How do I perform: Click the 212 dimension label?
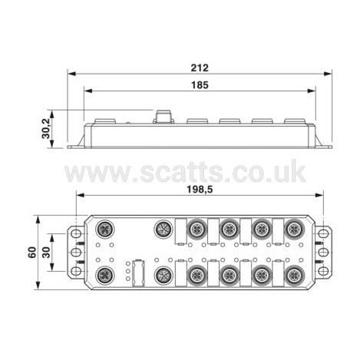(200, 68)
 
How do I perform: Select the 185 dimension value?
(200, 85)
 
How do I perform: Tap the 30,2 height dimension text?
(46, 129)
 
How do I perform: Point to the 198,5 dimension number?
(200, 190)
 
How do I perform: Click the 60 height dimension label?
(32, 253)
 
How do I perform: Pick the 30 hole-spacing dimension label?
(46, 253)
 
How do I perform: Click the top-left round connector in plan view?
(105, 229)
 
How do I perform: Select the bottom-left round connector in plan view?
(105, 276)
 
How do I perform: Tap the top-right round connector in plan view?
(295, 229)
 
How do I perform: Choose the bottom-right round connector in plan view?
(295, 276)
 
